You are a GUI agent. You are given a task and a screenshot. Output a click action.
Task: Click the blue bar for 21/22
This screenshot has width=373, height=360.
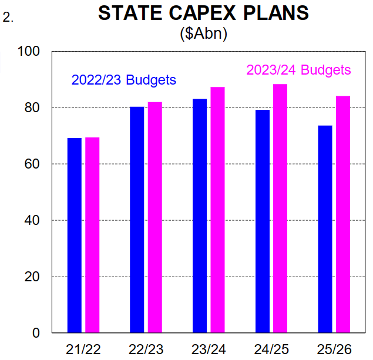click(75, 235)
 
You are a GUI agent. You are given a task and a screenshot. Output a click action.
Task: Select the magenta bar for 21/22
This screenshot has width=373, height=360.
click(92, 235)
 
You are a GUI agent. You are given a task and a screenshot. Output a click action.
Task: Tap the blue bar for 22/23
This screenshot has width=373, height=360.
click(137, 220)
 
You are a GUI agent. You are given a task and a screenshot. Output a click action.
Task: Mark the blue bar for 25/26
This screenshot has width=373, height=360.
click(325, 229)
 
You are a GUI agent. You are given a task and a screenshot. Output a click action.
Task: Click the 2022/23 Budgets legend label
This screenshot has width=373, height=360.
click(123, 80)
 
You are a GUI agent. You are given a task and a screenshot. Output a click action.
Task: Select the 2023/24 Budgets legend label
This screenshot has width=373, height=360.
click(298, 70)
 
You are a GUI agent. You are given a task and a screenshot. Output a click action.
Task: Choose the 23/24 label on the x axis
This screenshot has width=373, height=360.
click(209, 349)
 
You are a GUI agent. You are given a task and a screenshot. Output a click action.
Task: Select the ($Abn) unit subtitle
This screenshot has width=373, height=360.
click(203, 33)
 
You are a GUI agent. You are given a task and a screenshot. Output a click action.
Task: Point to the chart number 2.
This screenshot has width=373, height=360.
click(8, 18)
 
